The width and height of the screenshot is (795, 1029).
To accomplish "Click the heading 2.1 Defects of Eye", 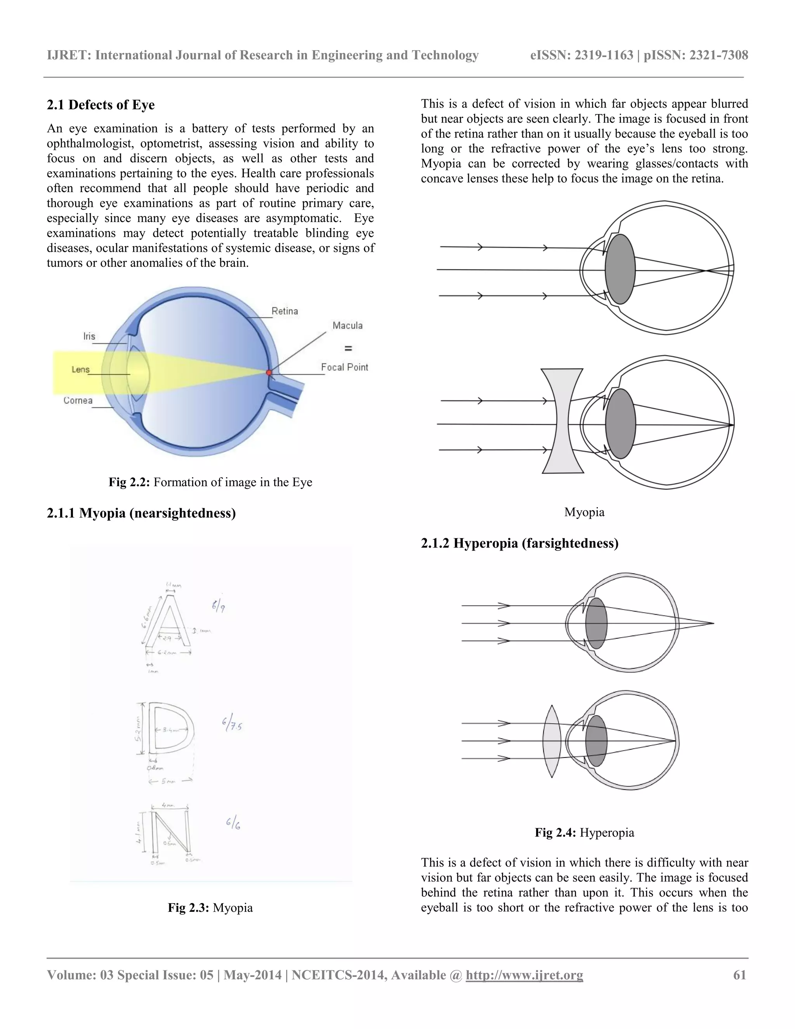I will pos(101,104).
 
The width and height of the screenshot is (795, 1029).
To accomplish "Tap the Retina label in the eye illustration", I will pos(285,311).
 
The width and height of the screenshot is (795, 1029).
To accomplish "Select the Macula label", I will pos(347,325).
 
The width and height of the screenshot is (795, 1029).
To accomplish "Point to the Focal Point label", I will pos(344,367).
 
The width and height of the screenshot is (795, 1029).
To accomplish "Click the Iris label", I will pos(89,336).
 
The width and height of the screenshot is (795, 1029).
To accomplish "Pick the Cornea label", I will pos(78,400).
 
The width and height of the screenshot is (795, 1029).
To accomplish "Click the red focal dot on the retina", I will pos(269,373).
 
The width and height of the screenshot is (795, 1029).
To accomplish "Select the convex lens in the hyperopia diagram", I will pos(552,741).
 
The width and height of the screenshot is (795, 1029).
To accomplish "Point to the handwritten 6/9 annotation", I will pos(218,607).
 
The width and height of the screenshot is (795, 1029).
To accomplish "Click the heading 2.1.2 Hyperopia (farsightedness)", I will pos(519,543).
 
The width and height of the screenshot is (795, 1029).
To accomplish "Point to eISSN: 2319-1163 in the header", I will pos(581,55).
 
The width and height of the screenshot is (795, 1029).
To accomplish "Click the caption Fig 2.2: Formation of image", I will pos(210,482).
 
